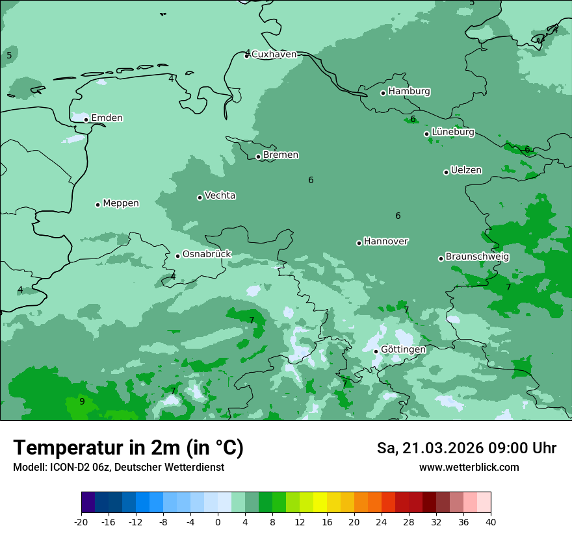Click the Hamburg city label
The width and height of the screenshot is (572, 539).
(409, 92)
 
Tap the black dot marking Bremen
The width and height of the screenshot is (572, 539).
(258, 157)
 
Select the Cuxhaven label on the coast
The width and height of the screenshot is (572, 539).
(274, 55)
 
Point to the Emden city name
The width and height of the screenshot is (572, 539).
(107, 118)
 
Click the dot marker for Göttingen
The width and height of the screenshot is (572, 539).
(376, 351)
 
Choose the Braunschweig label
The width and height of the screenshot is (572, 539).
(477, 257)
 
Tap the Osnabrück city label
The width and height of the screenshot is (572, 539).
(207, 255)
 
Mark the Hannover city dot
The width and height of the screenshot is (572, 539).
(359, 243)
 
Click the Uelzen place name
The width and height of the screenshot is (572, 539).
(466, 171)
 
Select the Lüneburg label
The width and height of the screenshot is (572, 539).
(453, 132)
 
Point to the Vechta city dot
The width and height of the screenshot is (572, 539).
(200, 197)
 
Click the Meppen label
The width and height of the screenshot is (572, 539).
(121, 203)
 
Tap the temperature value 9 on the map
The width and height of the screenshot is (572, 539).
(82, 401)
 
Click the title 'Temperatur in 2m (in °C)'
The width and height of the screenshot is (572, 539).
(128, 448)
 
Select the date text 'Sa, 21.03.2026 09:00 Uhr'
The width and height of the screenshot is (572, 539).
(466, 448)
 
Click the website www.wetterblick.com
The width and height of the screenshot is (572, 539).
(469, 468)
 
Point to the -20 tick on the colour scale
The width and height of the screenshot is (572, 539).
(81, 522)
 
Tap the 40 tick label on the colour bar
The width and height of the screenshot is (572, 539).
(490, 522)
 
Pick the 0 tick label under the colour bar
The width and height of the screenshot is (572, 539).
(218, 522)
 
